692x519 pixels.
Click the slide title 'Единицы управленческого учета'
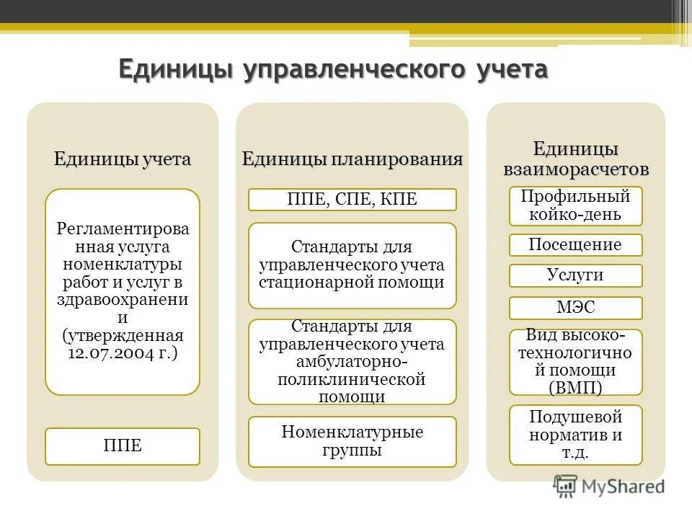(x=333, y=71)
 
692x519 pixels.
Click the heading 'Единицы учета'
(x=123, y=159)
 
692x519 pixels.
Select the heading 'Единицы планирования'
(x=352, y=159)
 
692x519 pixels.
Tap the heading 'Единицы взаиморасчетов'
(x=576, y=159)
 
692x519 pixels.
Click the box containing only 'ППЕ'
(x=123, y=446)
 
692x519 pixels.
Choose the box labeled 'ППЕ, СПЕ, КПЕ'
(x=352, y=200)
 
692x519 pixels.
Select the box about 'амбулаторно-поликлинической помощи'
(x=352, y=362)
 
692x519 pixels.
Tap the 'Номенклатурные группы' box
(x=352, y=441)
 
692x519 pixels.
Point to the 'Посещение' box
(x=575, y=245)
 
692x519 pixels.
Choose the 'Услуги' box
(x=575, y=275)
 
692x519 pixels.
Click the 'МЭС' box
(x=575, y=309)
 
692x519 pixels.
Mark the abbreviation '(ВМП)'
(x=575, y=388)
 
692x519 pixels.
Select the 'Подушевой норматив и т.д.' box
(x=575, y=435)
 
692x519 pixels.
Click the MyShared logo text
(x=624, y=486)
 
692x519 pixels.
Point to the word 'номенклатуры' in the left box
(x=123, y=263)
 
